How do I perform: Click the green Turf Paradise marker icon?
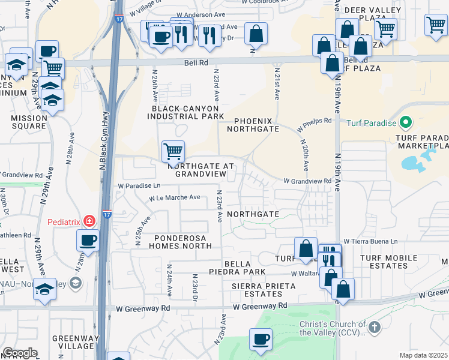click(x=405, y=123)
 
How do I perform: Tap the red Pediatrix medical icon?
click(x=89, y=221)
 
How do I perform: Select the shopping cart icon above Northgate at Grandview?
click(x=173, y=151)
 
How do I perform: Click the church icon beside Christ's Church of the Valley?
click(x=375, y=328)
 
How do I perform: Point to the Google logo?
click(x=20, y=353)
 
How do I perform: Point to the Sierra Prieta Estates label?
click(x=264, y=290)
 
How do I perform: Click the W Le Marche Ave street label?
click(x=175, y=197)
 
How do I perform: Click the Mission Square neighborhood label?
click(x=28, y=122)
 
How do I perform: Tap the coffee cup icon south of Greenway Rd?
click(x=261, y=340)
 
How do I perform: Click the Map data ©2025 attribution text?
click(x=423, y=355)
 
